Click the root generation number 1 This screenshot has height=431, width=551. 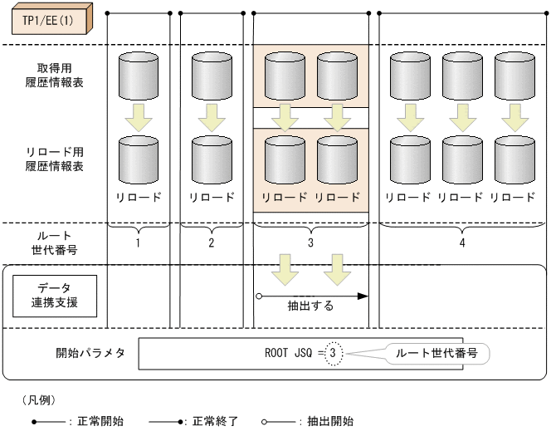click(x=139, y=243)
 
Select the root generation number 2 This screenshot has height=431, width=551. click(x=212, y=243)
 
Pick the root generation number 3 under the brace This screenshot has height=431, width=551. click(x=310, y=243)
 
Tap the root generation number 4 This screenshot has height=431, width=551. click(x=461, y=243)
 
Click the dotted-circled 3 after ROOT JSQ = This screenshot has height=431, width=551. click(x=333, y=353)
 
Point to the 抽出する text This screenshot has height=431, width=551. click(x=311, y=306)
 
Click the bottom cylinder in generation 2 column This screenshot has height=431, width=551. click(x=212, y=160)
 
